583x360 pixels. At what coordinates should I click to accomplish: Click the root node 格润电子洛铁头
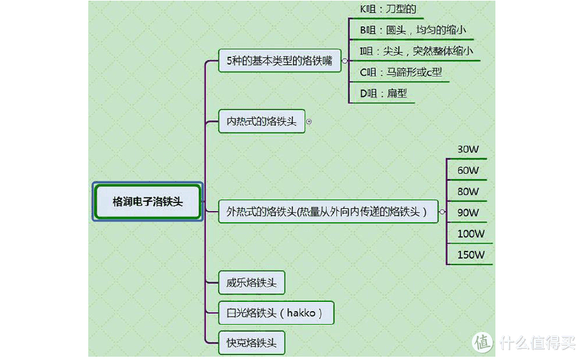147,202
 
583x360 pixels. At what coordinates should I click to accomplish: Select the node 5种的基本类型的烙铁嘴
279,61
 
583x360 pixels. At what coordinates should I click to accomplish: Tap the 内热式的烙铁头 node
261,122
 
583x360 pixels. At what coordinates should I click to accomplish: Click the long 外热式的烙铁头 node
327,211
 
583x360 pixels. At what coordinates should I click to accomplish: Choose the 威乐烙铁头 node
252,283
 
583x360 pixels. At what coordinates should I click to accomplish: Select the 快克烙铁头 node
252,342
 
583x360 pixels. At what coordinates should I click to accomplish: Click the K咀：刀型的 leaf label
388,9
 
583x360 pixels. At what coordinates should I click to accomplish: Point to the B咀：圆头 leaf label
413,30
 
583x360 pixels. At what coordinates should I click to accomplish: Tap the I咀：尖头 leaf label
416,51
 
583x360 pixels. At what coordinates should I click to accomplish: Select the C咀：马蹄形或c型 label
401,72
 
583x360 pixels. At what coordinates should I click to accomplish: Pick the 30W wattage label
468,150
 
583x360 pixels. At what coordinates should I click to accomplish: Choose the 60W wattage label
468,171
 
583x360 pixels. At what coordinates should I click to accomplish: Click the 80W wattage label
468,191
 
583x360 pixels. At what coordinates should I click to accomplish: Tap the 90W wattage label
468,212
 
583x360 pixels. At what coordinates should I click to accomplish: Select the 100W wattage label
471,233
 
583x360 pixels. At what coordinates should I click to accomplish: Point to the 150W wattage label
471,254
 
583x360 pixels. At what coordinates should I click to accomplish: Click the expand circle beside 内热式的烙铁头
309,122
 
